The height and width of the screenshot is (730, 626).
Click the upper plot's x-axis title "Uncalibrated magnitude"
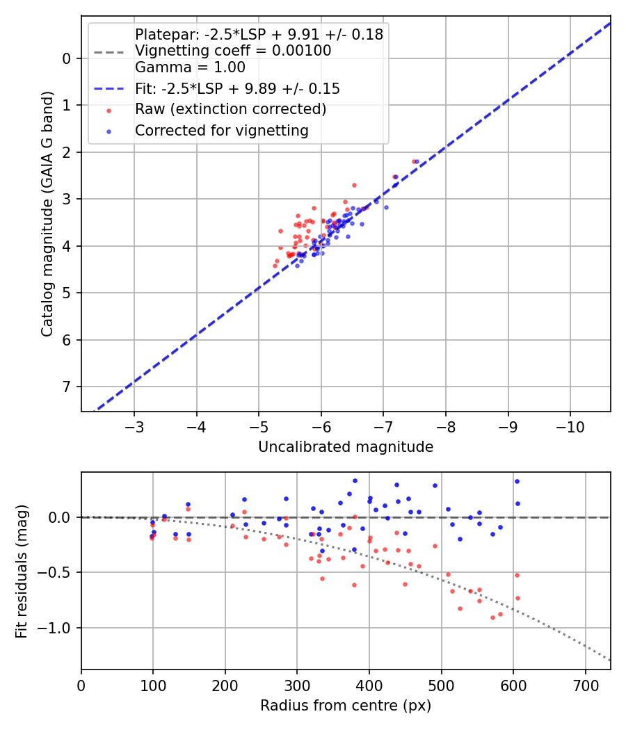coord(346,447)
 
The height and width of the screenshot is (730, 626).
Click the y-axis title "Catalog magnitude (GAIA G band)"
coord(47,213)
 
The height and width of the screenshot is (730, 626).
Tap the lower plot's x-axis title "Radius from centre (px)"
coord(346,706)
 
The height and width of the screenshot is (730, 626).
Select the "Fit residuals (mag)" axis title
coord(22,571)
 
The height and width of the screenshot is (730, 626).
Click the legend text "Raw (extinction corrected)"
coord(230,110)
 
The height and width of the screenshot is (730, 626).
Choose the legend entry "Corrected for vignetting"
coord(221,130)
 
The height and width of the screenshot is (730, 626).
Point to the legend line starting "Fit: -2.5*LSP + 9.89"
coord(237,89)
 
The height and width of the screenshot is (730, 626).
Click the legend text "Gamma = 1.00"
coord(190,68)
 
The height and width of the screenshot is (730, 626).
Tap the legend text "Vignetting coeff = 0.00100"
coord(233,51)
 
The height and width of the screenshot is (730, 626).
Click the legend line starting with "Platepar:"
coord(259,35)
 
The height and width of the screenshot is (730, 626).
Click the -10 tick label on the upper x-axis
coord(570,426)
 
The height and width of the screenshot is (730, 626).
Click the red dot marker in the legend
coord(109,110)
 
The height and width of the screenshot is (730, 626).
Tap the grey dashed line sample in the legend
coord(109,51)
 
